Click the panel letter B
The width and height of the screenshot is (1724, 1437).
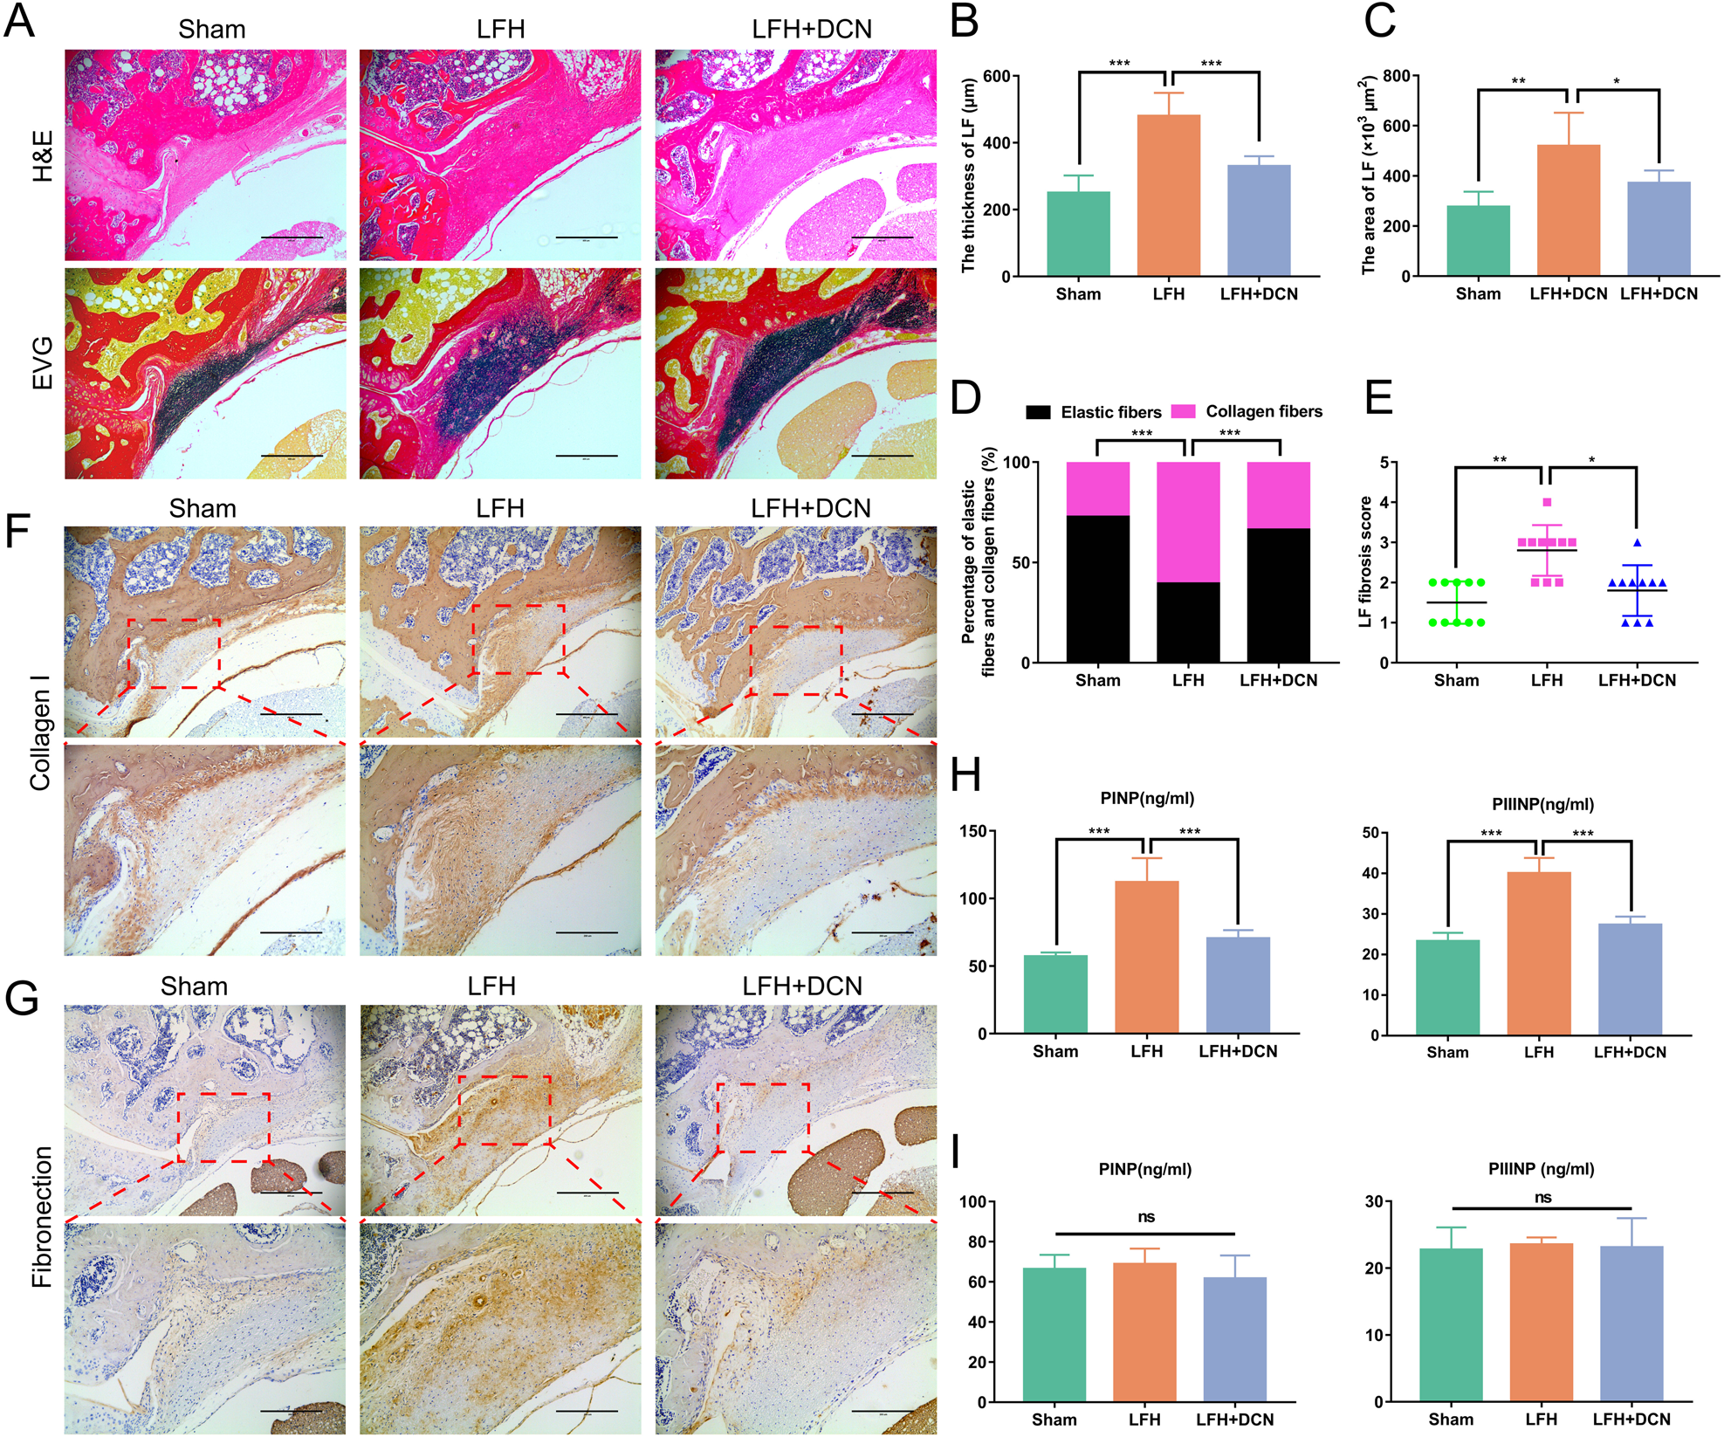tap(964, 21)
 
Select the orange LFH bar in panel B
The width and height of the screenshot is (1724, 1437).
tap(1168, 196)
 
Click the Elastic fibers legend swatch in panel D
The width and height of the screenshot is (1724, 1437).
tap(1038, 412)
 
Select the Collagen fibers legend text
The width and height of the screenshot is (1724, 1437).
tap(1263, 411)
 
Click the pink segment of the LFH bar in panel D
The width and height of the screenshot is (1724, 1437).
tap(1187, 521)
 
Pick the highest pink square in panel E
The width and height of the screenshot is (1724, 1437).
tap(1547, 502)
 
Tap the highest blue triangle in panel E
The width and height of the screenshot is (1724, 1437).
tap(1637, 543)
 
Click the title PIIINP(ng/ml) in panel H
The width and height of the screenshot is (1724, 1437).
tap(1542, 804)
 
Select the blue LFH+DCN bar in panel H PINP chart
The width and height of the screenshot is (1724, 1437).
tap(1237, 985)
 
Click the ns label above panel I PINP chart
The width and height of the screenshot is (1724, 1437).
tap(1145, 1217)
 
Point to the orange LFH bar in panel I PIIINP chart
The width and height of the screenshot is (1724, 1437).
tap(1541, 1322)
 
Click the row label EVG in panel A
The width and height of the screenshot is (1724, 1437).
tap(41, 362)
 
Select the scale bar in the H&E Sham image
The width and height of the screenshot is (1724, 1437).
tap(292, 237)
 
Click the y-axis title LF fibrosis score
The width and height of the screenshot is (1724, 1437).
tap(1364, 561)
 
